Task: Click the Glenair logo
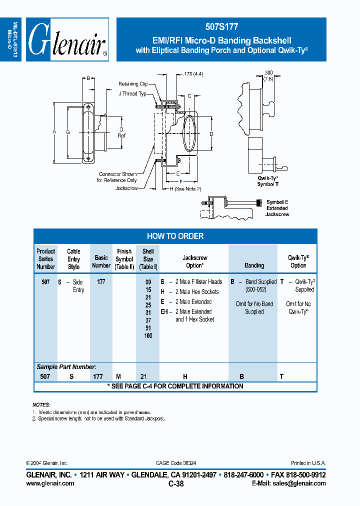pyautogui.click(x=67, y=40)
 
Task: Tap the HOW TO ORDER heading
pyautogui.click(x=175, y=236)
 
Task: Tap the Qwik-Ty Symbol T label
pyautogui.click(x=268, y=181)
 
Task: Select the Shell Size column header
pyautogui.click(x=148, y=259)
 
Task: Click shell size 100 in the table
pyautogui.click(x=148, y=335)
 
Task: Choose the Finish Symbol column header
pyautogui.click(x=124, y=259)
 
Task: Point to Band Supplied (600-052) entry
pyautogui.click(x=256, y=285)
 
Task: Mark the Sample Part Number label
pyautogui.click(x=66, y=367)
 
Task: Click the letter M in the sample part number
pyautogui.click(x=118, y=376)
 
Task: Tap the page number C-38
pyautogui.click(x=176, y=483)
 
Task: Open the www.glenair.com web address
pyautogui.click(x=50, y=483)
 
